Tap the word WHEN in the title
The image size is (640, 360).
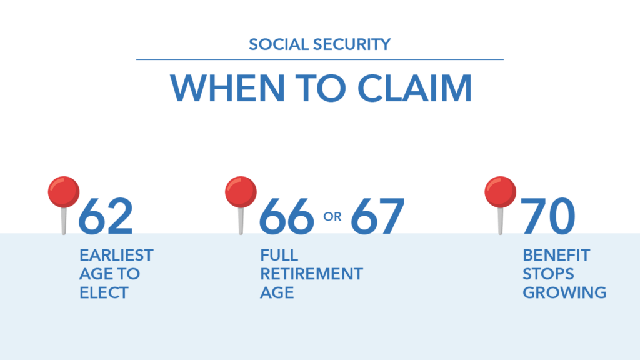[x=227, y=88]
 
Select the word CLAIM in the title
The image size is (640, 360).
[x=415, y=88]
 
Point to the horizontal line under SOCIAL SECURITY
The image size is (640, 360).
[x=320, y=59]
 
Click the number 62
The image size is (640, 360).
[x=106, y=216]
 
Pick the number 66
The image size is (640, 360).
[x=286, y=216]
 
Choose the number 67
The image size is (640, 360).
[x=377, y=216]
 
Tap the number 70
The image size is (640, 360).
[x=548, y=216]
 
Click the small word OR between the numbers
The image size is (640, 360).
[x=332, y=217]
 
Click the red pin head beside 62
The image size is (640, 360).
[x=64, y=192]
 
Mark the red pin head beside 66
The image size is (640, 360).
[x=241, y=192]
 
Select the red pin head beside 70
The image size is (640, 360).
[x=501, y=192]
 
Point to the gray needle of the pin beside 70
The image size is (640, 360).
[x=501, y=221]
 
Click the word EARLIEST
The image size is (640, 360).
[x=116, y=256]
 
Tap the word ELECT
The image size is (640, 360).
[x=104, y=292]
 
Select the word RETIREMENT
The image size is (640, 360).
[x=311, y=274]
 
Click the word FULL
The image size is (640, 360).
[x=279, y=256]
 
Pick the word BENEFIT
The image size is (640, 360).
[x=556, y=256]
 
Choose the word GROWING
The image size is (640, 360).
[x=564, y=292]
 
